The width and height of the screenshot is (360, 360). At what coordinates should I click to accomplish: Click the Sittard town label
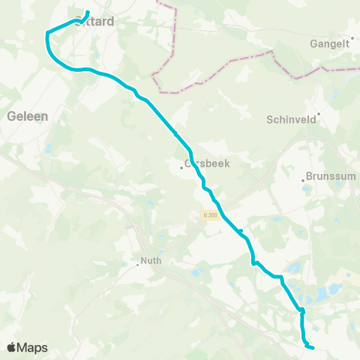(95, 22)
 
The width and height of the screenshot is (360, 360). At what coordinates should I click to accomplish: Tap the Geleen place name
(27, 116)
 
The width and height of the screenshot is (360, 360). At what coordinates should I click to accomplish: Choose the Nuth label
(151, 262)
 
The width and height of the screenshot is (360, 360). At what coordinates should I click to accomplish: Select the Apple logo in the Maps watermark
(12, 347)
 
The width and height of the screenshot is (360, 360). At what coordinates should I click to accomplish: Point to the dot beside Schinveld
(319, 114)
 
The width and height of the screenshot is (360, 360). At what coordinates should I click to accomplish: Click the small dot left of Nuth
(137, 263)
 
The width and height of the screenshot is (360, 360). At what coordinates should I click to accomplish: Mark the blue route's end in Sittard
(88, 12)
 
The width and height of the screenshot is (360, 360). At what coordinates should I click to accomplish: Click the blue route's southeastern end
(312, 347)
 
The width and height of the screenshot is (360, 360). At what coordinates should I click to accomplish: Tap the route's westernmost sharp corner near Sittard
(47, 32)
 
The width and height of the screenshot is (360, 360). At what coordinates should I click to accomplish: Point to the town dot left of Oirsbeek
(182, 166)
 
